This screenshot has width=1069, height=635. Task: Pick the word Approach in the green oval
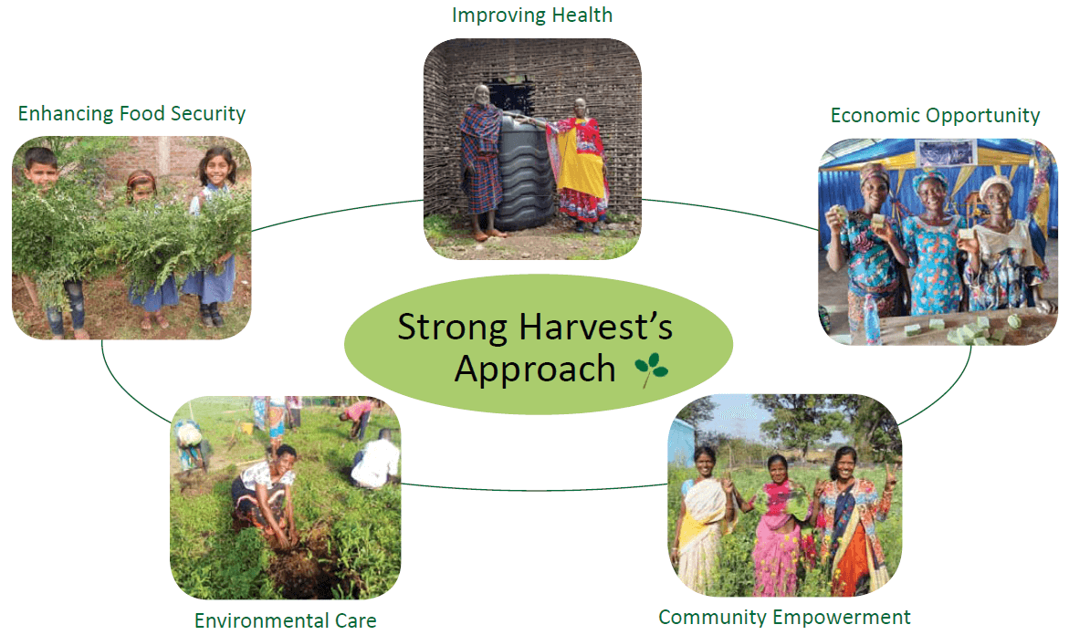(x=535, y=370)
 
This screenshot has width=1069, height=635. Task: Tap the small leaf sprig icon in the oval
(x=651, y=370)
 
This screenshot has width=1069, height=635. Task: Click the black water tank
(x=523, y=172)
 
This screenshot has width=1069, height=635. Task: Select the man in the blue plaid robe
(x=483, y=162)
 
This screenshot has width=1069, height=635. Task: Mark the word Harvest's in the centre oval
(x=595, y=328)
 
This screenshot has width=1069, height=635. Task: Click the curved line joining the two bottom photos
(x=534, y=490)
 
